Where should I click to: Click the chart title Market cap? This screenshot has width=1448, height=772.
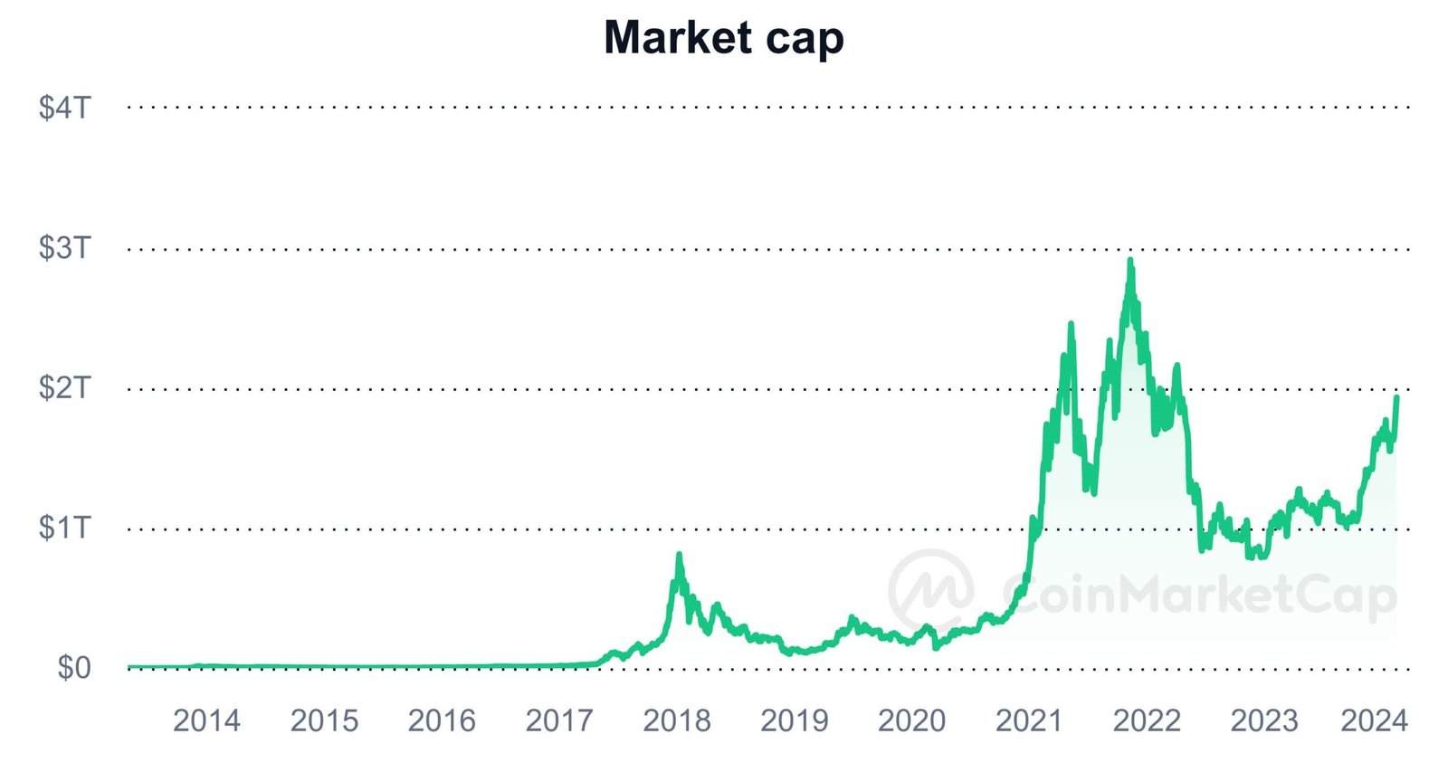[x=723, y=38]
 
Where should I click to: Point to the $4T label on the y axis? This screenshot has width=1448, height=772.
[x=65, y=108]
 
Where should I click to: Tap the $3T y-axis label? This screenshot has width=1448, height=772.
[x=65, y=248]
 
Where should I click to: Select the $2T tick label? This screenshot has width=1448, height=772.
[x=65, y=388]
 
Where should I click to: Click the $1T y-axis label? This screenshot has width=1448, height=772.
[x=65, y=528]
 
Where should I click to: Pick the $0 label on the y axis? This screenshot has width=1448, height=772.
[x=74, y=668]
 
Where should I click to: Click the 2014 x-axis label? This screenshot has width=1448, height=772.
[x=206, y=720]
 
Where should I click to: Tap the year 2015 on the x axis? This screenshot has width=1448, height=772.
[x=324, y=720]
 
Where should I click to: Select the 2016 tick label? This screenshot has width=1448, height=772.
[x=442, y=720]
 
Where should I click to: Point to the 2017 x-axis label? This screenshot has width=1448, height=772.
[x=559, y=720]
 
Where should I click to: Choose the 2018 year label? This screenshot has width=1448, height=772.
[x=677, y=720]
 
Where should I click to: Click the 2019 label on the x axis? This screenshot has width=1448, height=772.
[x=795, y=720]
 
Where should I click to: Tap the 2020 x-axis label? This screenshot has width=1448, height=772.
[x=911, y=720]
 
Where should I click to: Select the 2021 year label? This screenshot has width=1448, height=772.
[x=1029, y=720]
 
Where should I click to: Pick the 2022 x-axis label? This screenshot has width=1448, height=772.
[x=1147, y=720]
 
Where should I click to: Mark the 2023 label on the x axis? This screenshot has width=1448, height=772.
[x=1264, y=720]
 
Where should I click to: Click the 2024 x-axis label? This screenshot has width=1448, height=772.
[x=1374, y=720]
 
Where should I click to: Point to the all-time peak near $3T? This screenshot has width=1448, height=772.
[x=1130, y=262]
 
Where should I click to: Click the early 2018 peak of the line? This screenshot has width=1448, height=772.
[x=679, y=555]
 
